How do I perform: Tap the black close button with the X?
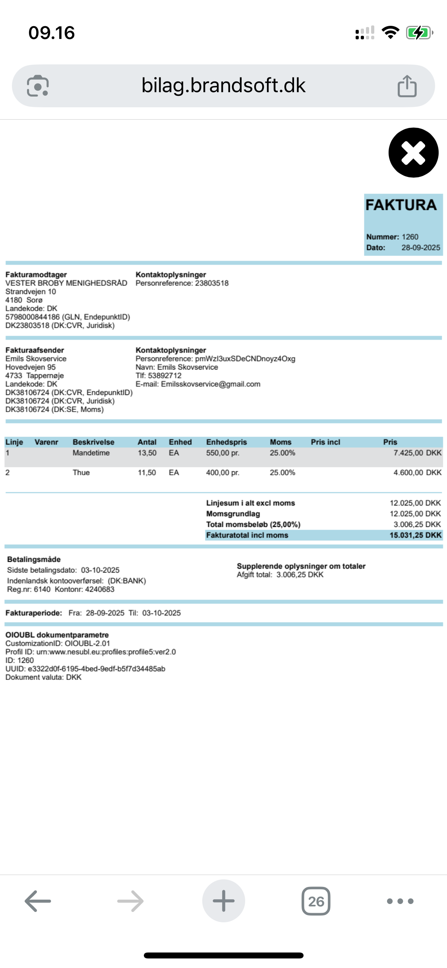pos(413,153)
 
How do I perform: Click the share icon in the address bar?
pos(407,86)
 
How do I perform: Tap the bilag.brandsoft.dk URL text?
pos(223,85)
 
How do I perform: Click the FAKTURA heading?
pos(401,205)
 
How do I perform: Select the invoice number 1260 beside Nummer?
pos(410,237)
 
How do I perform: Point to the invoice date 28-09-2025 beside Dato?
pos(420,248)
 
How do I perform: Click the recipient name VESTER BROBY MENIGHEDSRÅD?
pos(66,283)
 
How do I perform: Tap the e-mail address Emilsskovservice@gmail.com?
pos(211,384)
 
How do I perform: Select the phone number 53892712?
pos(164,376)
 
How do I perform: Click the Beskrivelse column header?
pos(93,442)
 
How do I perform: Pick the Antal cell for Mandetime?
pos(147,453)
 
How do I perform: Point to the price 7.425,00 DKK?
pos(417,453)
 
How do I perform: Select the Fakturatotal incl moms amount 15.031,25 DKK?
pos(415,535)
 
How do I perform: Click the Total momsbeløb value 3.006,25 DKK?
pos(417,524)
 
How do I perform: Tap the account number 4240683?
pos(99,589)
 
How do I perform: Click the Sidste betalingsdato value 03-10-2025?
pos(100,570)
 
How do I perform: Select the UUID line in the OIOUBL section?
pos(85,668)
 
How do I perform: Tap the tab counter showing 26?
pos(316,901)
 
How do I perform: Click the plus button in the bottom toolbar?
pos(223,901)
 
